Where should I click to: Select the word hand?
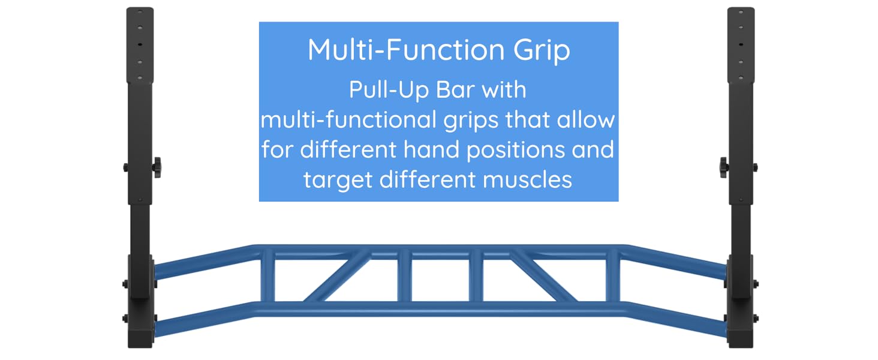(x=429, y=149)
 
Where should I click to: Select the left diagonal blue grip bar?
(x=336, y=275)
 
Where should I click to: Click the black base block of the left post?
(x=140, y=327)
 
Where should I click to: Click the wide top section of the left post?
(x=140, y=45)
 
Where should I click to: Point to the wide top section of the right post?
(x=741, y=45)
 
